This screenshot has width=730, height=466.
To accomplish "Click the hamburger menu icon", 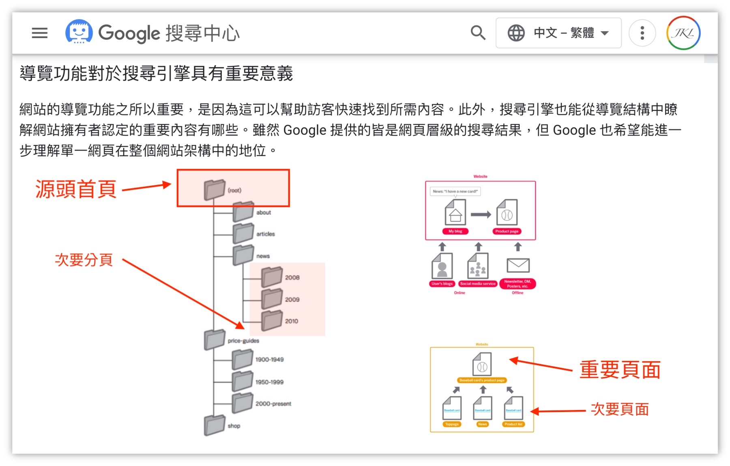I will (40, 33).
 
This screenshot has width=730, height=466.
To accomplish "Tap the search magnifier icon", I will (478, 33).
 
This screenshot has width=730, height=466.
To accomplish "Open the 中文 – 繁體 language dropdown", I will (558, 33).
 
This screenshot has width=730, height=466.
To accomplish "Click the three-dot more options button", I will (642, 33).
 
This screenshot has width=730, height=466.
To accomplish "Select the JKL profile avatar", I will (683, 33).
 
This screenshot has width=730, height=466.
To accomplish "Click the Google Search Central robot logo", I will (79, 32).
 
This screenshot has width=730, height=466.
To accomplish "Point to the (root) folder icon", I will (214, 190).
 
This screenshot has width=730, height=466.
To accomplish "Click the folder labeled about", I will (243, 212).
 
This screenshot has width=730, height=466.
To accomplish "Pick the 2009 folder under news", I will (272, 299).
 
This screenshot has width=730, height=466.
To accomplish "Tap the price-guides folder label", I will (243, 341).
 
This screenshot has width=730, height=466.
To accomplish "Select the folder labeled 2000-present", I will (243, 403).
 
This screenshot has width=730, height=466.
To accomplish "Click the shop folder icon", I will (214, 425).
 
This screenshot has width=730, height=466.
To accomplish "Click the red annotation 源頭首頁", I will (76, 189).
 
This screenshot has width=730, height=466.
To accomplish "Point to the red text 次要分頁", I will (84, 260).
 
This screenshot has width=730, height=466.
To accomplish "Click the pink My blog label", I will (455, 231).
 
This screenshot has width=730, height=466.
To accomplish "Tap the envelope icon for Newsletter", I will (518, 265).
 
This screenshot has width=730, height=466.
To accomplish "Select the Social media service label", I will (478, 284).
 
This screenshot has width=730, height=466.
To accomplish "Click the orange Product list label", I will (513, 424).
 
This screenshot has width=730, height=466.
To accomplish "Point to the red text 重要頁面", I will (620, 370).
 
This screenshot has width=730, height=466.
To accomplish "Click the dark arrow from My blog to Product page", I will (481, 214).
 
